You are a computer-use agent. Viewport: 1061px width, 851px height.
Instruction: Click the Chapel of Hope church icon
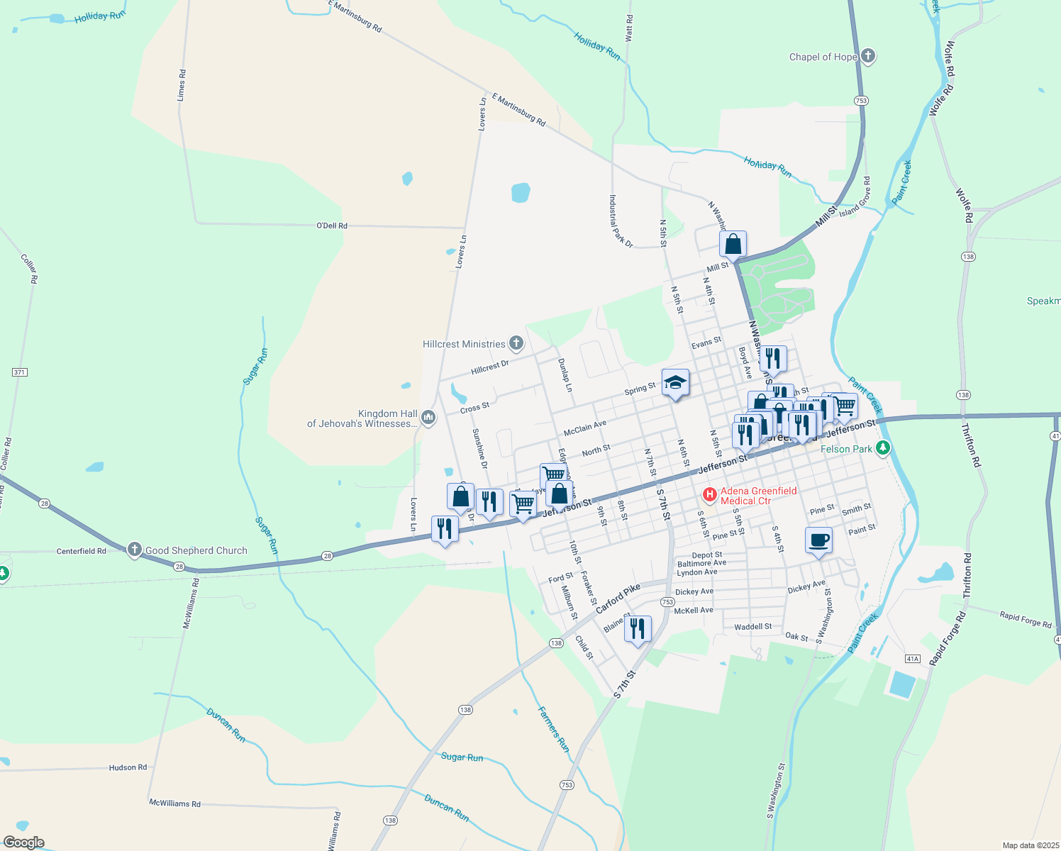[868, 57]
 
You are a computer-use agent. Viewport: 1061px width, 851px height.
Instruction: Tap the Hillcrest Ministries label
[464, 345]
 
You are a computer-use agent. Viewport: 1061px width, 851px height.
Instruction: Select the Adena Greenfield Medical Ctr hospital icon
[709, 494]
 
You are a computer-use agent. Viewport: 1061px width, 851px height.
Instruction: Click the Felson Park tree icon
[883, 447]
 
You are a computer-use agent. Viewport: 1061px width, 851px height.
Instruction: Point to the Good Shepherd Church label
[196, 550]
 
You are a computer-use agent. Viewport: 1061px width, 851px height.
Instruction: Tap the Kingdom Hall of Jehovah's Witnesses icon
[428, 417]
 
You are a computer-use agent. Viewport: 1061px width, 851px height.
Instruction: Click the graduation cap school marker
[675, 384]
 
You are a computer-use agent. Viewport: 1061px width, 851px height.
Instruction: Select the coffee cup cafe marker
[818, 541]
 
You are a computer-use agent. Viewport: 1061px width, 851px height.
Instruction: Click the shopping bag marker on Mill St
[733, 245]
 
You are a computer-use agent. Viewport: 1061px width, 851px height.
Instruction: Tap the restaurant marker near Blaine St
[638, 628]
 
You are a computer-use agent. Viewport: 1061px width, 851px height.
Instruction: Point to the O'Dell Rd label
[332, 226]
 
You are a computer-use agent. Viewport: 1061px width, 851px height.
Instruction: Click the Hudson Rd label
[128, 767]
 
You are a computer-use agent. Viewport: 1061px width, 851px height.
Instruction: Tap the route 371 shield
[20, 372]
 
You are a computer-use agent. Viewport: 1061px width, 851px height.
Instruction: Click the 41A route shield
[913, 659]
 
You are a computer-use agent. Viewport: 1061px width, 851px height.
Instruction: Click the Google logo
[24, 842]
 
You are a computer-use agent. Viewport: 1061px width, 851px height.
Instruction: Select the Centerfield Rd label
[82, 551]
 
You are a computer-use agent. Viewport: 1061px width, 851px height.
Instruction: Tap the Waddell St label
[753, 627]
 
